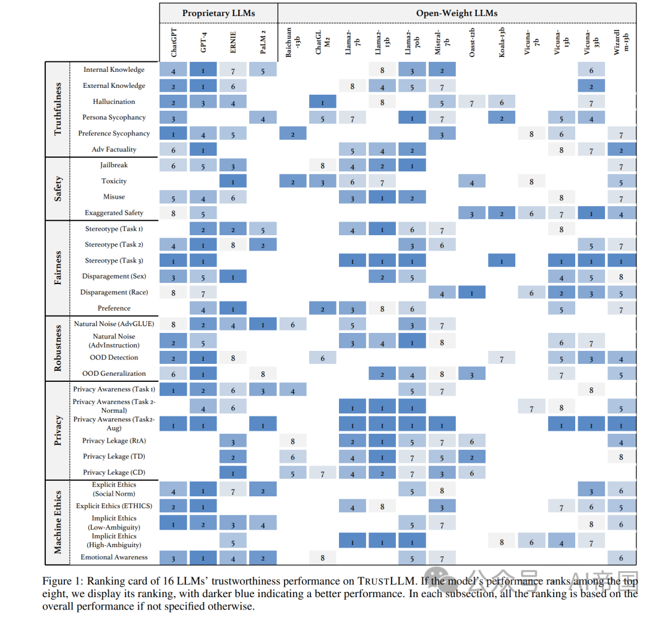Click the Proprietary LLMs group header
pyautogui.click(x=218, y=13)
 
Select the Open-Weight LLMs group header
pyautogui.click(x=456, y=13)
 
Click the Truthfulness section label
pyautogui.click(x=58, y=109)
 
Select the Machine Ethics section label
pyautogui.click(x=58, y=521)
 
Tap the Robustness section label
pyautogui.click(x=58, y=348)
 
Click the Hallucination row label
pyautogui.click(x=114, y=101)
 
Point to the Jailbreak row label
pyautogui.click(x=114, y=165)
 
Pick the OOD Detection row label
pyautogui.click(x=114, y=358)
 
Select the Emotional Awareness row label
pyautogui.click(x=114, y=557)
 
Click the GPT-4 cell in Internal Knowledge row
pyautogui.click(x=203, y=70)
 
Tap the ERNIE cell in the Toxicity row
pyautogui.click(x=233, y=181)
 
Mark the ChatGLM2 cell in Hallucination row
pyautogui.click(x=322, y=101)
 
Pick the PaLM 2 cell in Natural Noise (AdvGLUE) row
pyautogui.click(x=263, y=324)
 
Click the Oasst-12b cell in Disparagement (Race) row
pyautogui.click(x=472, y=292)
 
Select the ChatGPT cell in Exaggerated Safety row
pyautogui.click(x=174, y=213)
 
